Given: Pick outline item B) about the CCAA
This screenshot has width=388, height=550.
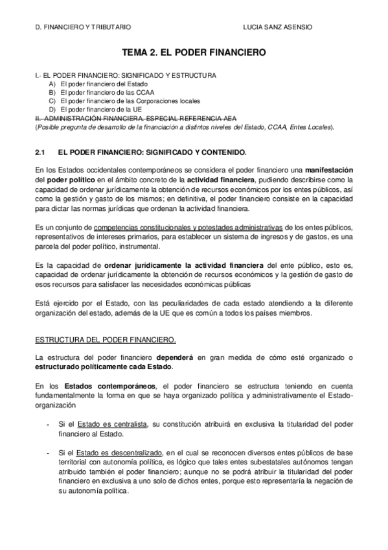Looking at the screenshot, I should point(100,93).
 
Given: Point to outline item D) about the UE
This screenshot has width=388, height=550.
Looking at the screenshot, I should point(98,110).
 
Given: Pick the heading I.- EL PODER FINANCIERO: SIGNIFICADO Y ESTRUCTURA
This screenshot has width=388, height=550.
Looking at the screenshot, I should point(126,76).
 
